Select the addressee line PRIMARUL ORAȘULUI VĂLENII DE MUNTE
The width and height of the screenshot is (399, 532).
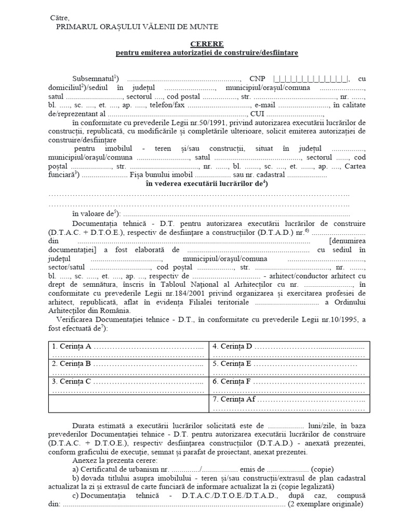[x=137, y=27]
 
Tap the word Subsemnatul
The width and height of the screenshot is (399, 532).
[x=96, y=79]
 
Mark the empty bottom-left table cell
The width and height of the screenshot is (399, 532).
[x=128, y=404]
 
